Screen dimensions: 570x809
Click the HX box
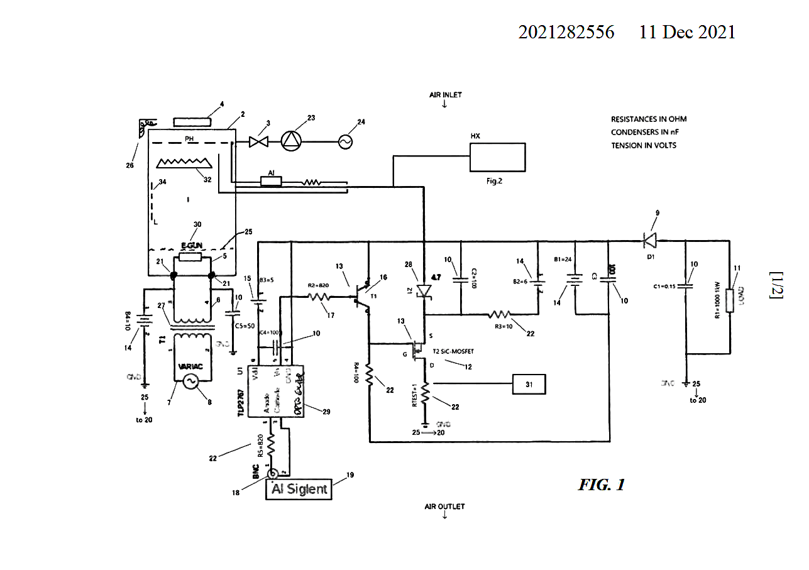coord(497,156)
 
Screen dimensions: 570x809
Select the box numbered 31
coord(529,383)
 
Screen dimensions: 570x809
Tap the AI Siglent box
coord(299,489)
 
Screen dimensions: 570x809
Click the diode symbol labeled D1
coord(650,240)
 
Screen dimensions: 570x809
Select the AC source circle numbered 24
coord(345,142)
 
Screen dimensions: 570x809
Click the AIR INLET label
coord(445,95)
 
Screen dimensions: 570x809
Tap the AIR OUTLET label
coord(444,507)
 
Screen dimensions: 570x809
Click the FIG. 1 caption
coord(602,485)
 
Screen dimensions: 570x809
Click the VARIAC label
coord(190,367)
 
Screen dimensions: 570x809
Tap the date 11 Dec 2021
coord(687,33)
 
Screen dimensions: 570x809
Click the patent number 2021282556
coord(566,33)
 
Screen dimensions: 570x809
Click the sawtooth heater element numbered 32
coord(184,164)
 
